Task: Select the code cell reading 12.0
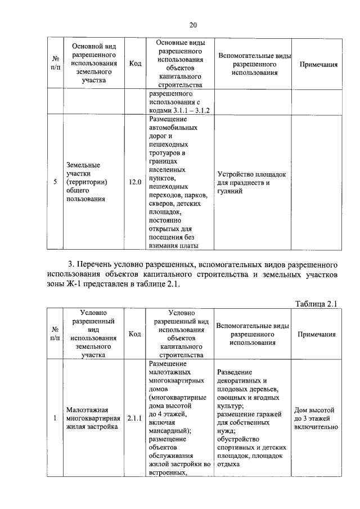(x=135, y=182)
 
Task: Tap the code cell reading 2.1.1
(x=135, y=418)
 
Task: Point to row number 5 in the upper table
(x=55, y=182)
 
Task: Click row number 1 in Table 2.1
(x=55, y=418)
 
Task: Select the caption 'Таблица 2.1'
(x=316, y=304)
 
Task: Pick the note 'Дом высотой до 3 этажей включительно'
(x=316, y=418)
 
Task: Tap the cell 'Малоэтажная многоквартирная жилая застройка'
(x=93, y=418)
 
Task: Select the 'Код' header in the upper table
(x=135, y=64)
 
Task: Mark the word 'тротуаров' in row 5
(x=167, y=152)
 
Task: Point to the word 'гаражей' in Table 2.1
(x=271, y=413)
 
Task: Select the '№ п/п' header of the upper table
(x=55, y=64)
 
